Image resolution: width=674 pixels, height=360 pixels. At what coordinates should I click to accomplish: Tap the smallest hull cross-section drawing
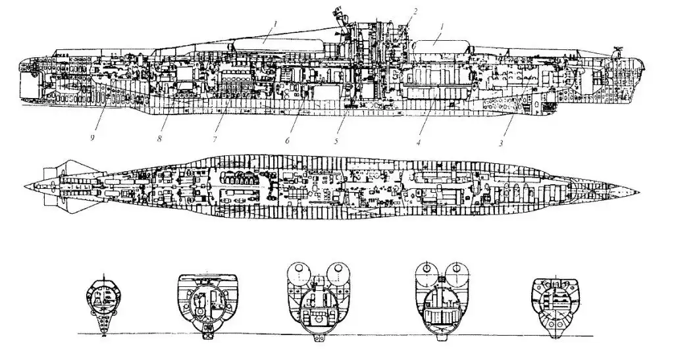click(x=105, y=303)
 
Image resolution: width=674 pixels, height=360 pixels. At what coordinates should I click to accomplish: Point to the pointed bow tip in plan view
click(x=638, y=191)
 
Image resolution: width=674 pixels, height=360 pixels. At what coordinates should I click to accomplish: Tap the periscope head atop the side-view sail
click(x=340, y=10)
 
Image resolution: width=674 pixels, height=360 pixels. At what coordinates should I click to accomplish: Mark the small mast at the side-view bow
click(x=617, y=51)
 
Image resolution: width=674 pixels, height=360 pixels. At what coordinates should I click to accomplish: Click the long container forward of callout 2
click(x=440, y=46)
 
